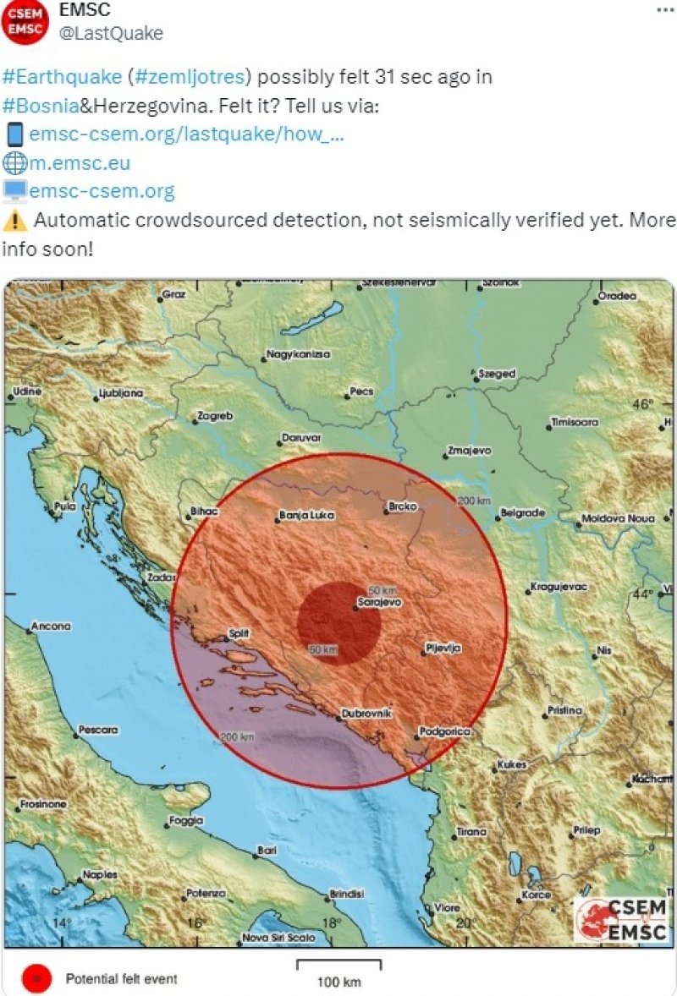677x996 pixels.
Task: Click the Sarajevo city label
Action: coord(381,602)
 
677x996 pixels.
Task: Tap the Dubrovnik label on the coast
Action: coord(367,714)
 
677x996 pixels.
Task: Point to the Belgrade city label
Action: coord(522,512)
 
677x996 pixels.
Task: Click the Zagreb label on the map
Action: coord(214,416)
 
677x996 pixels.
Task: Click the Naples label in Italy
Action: coord(100,874)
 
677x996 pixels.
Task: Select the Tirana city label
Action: coord(471,831)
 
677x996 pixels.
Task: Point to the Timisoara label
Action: coord(575,421)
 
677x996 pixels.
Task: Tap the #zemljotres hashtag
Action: coord(190,77)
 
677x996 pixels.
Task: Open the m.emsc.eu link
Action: coord(80,162)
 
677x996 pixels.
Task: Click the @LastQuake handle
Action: coord(110,33)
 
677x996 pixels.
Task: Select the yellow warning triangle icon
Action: coord(14,221)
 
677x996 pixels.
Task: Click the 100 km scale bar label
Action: coord(339,982)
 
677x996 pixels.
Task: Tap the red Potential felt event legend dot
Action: coord(33,978)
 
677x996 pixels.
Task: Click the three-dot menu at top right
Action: coord(665,8)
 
